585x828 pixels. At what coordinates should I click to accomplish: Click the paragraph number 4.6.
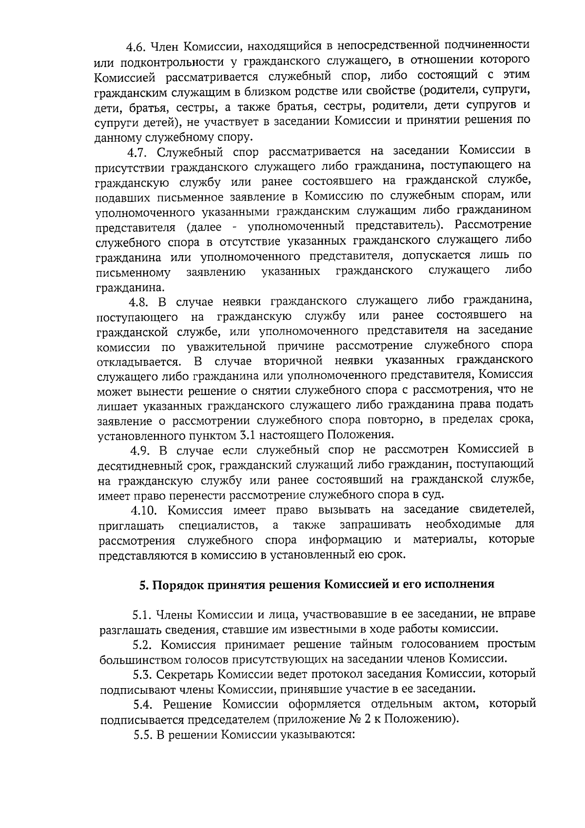[136, 47]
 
